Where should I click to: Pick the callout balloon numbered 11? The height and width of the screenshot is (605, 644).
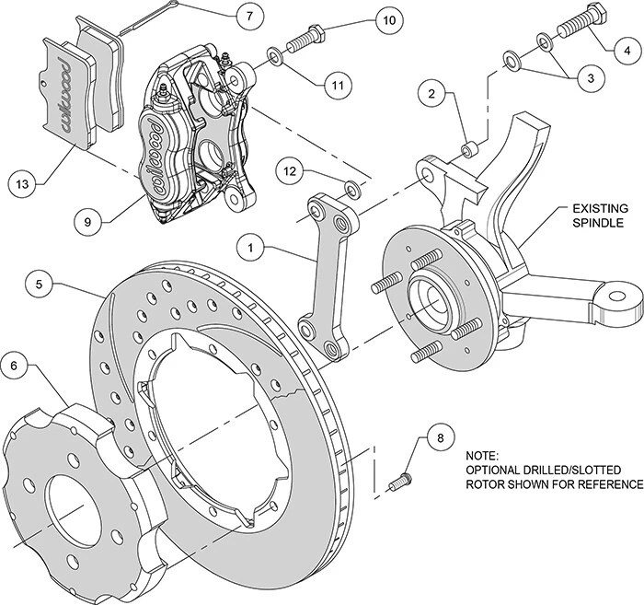point(339,87)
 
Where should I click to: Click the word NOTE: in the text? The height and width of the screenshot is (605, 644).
point(484,456)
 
